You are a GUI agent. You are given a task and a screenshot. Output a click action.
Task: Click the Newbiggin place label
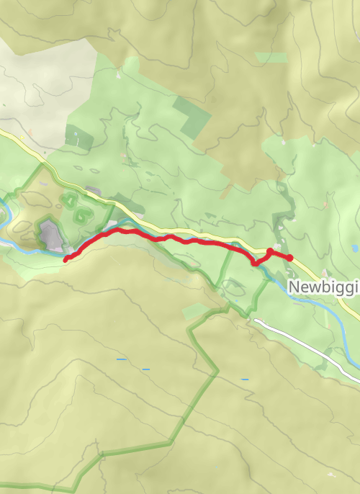pos(324,287)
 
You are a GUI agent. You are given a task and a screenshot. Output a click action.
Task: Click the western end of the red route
pos(66,259)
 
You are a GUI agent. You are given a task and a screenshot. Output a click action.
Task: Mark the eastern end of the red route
pos(290,258)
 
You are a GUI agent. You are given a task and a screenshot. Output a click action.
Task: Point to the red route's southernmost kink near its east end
pos(254,264)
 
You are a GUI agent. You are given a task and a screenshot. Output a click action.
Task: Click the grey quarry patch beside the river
pos(49,235)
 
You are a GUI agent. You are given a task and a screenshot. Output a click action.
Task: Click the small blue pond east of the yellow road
pos(354,249)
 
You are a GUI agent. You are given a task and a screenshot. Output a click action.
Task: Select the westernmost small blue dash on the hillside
pos(120,359)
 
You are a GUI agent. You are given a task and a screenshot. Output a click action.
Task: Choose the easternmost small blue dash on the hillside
pos(245,379)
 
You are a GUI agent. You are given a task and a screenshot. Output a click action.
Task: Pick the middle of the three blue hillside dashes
pos(146,369)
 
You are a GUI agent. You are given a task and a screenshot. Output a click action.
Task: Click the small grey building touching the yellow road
pos(94,191)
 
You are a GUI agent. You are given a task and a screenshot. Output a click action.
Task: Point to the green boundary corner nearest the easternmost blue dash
pos(216,372)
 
